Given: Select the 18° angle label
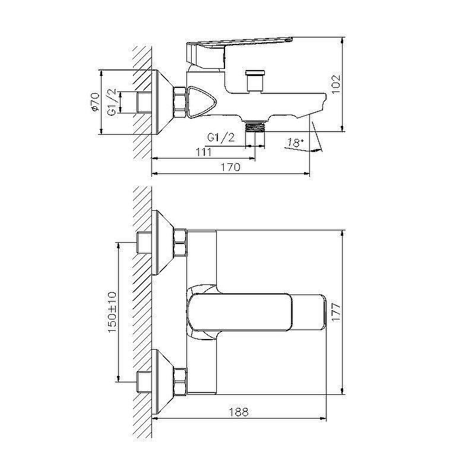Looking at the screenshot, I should (x=294, y=142).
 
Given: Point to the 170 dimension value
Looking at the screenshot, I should (x=231, y=167).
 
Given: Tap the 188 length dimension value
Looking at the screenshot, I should (x=238, y=411).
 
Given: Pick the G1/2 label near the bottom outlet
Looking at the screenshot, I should (x=221, y=137).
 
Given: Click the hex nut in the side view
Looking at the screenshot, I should (x=179, y=102).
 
